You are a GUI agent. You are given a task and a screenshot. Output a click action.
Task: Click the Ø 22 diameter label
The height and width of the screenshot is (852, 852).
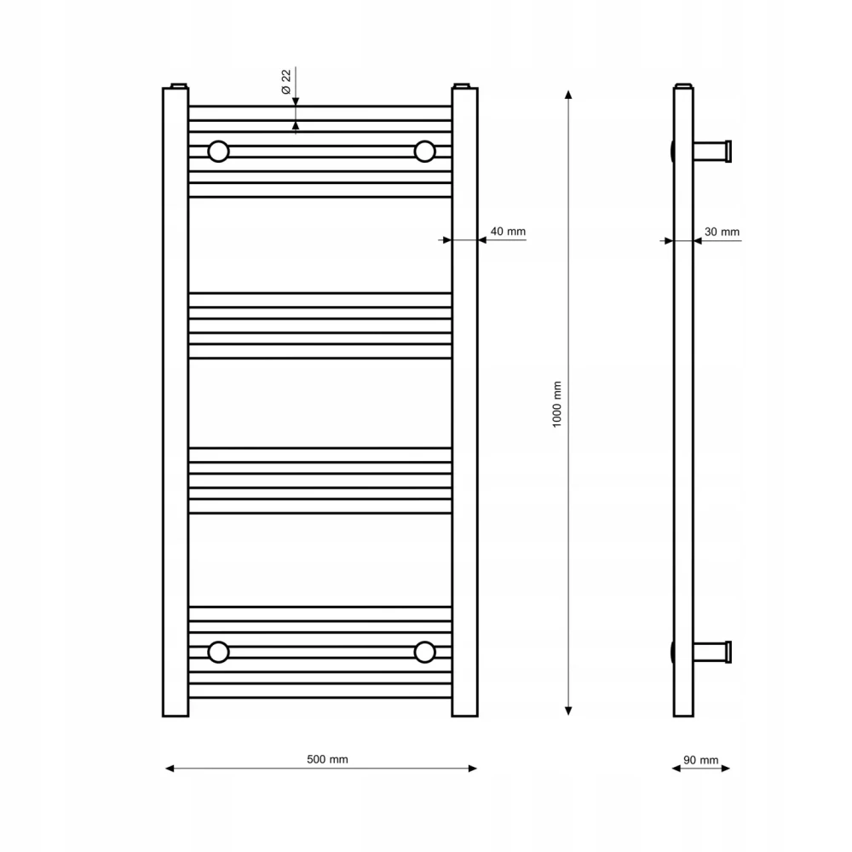(285, 82)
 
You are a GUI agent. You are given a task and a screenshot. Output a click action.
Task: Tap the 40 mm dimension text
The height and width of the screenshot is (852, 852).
(508, 232)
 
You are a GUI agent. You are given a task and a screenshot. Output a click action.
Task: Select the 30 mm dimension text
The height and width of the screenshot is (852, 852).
(722, 232)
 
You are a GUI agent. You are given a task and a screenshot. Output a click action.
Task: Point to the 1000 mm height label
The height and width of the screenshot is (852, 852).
(557, 404)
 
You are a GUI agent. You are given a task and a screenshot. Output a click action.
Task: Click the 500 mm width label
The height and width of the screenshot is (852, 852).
(327, 760)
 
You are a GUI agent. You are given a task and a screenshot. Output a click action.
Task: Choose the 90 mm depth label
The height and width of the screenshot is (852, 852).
(701, 760)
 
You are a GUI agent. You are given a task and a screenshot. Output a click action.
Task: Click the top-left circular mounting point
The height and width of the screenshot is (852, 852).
(218, 152)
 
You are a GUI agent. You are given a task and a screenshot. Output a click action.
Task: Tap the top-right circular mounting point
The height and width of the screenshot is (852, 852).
(424, 152)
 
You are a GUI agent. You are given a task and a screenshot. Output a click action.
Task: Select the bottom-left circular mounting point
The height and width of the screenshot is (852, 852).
(218, 652)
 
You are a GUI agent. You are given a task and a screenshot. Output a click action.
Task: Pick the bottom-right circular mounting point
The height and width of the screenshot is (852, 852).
(424, 652)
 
